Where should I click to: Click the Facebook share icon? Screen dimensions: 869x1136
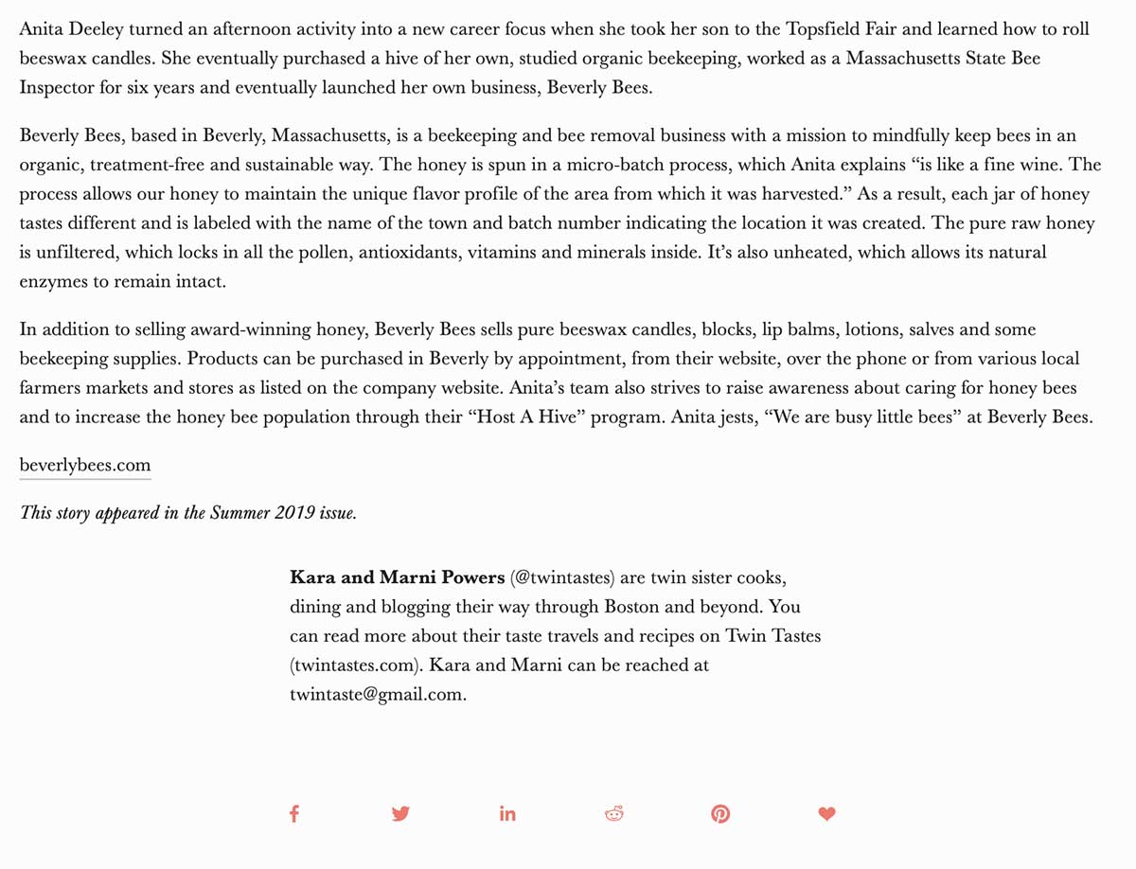tap(294, 813)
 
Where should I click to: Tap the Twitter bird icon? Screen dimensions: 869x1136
tap(400, 813)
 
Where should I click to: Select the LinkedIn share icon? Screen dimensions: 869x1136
tap(507, 813)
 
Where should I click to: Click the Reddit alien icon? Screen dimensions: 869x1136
tap(614, 813)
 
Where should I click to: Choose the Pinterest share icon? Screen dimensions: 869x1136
tap(720, 813)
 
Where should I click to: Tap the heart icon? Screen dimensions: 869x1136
tap(827, 813)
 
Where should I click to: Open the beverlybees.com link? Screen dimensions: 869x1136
tap(85, 465)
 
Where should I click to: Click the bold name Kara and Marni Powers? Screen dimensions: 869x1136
tap(397, 577)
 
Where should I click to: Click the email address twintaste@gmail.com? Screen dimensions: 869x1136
tap(377, 694)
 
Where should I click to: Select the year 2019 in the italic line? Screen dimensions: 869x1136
tap(295, 513)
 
